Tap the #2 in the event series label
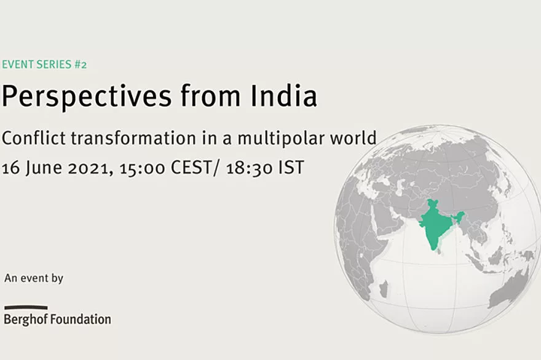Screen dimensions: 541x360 pyautogui.click(x=81, y=65)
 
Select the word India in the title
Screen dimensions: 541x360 pyautogui.click(x=283, y=95)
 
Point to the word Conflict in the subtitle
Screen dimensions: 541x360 pyautogui.click(x=34, y=138)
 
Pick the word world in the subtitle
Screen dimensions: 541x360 pyautogui.click(x=353, y=138)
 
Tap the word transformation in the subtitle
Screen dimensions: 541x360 pyautogui.click(x=133, y=138)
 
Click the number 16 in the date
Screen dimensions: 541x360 pyautogui.click(x=10, y=168)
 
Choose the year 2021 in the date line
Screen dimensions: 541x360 pyautogui.click(x=90, y=168)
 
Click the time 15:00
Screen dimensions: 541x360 pyautogui.click(x=142, y=168)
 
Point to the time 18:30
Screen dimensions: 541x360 pyautogui.click(x=250, y=168)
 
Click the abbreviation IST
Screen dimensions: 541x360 pyautogui.click(x=291, y=168)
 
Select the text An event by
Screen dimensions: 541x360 pyautogui.click(x=34, y=278)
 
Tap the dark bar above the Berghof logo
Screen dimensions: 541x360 pyautogui.click(x=26, y=308)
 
